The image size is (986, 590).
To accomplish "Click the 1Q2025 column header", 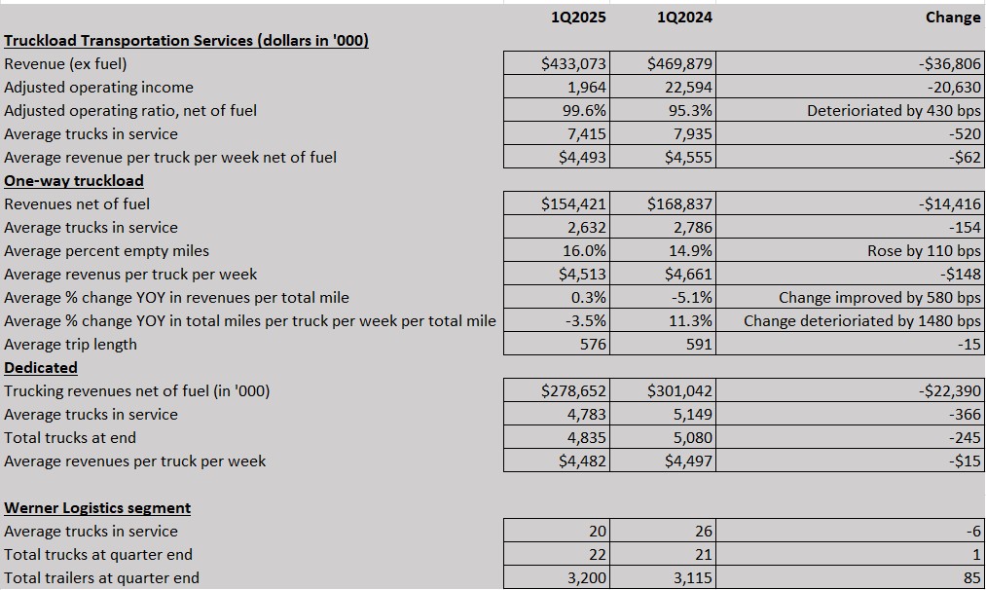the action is tap(578, 17).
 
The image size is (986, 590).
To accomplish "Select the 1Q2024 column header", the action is tap(684, 17).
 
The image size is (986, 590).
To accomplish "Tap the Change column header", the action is tap(953, 17).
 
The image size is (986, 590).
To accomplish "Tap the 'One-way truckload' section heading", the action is tap(74, 181).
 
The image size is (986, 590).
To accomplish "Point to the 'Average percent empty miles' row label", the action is tap(106, 251).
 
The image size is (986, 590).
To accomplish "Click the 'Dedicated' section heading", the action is tap(41, 367).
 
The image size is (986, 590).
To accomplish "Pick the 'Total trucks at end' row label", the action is tap(70, 438).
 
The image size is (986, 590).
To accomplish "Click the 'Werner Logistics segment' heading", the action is tap(97, 508).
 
